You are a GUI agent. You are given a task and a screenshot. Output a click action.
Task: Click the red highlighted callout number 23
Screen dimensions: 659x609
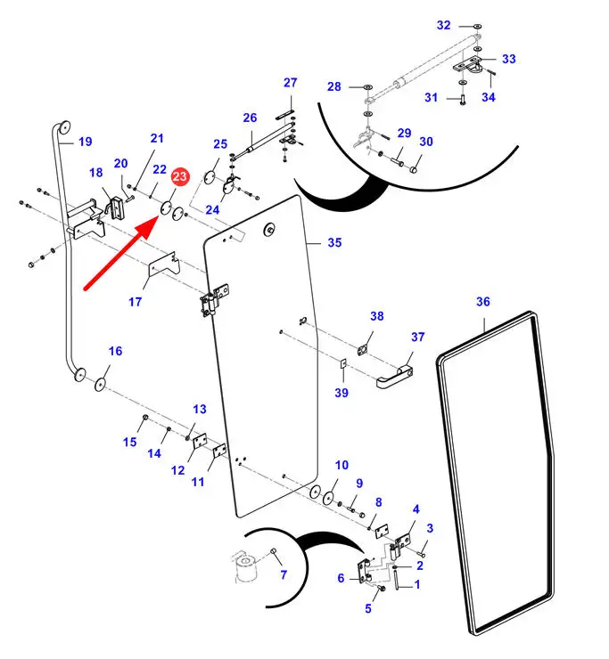tap(180, 176)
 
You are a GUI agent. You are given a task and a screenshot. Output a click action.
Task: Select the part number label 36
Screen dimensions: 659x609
tap(482, 302)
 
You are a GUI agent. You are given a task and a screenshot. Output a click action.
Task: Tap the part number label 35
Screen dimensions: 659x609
tap(334, 242)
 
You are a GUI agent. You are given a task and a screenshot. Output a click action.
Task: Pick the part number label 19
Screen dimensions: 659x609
tap(86, 142)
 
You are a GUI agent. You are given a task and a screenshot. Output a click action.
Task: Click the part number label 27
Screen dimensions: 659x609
tap(290, 83)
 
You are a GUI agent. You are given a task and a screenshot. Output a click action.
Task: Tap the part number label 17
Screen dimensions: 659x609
tap(135, 302)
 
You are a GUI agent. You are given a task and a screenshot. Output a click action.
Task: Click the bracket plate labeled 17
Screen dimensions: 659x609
tap(165, 265)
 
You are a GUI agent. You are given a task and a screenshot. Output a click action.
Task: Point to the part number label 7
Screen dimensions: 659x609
tap(284, 575)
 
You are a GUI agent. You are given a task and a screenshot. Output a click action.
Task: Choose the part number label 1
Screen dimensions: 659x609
tap(416, 585)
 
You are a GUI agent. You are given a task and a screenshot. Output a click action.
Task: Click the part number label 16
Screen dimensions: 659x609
tap(115, 350)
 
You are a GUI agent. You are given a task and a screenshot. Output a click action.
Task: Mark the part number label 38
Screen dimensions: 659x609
tap(377, 316)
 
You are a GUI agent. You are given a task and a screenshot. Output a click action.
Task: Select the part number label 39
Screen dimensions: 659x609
tap(342, 394)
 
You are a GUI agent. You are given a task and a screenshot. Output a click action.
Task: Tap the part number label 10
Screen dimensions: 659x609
tap(342, 465)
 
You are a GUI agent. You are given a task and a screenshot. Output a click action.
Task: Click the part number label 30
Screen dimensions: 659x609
tap(426, 142)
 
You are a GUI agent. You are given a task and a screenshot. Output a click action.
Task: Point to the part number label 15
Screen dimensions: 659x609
tap(130, 442)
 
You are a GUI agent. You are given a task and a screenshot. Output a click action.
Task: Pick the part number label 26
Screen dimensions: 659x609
tap(250, 118)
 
